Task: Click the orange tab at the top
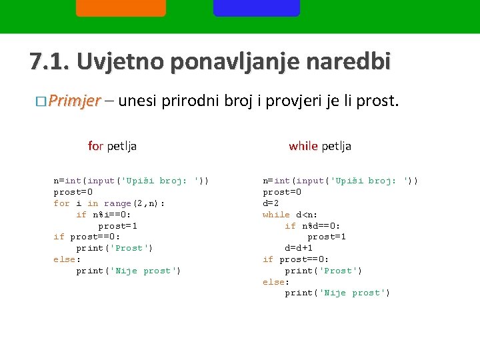[121, 7]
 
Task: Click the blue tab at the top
[256, 7]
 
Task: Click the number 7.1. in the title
[49, 62]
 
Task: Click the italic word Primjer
[74, 101]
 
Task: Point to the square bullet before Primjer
[41, 102]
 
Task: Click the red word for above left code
[95, 146]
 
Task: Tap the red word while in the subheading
[303, 146]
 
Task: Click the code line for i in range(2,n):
[109, 203]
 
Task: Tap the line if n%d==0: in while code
[313, 226]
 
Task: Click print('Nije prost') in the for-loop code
[129, 271]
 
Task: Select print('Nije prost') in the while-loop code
[337, 293]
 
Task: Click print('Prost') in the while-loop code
[323, 271]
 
